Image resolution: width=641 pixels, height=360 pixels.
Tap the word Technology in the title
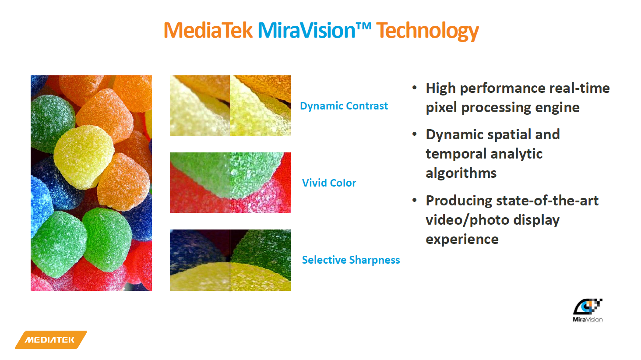pos(427,32)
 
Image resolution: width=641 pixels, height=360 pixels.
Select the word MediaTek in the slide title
pos(208,30)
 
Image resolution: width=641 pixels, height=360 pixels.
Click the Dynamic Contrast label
pos(344,106)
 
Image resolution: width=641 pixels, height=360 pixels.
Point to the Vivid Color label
pos(329,183)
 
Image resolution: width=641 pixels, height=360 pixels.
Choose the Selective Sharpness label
pos(351,260)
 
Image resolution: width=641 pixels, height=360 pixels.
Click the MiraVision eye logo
pos(588,310)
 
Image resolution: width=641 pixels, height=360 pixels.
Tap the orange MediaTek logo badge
pos(51,340)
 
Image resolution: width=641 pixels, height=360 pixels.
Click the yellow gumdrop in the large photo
pos(84,157)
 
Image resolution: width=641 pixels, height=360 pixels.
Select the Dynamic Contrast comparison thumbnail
pos(230,106)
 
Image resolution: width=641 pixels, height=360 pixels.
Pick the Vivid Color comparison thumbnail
pos(230,183)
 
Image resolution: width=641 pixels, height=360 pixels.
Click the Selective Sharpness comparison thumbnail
pos(230,260)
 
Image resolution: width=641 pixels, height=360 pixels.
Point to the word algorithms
pos(461,173)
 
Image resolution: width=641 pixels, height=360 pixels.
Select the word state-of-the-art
pos(547,200)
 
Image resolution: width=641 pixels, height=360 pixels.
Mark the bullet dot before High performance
pos(414,88)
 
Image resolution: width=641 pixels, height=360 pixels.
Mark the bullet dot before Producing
pos(414,200)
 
